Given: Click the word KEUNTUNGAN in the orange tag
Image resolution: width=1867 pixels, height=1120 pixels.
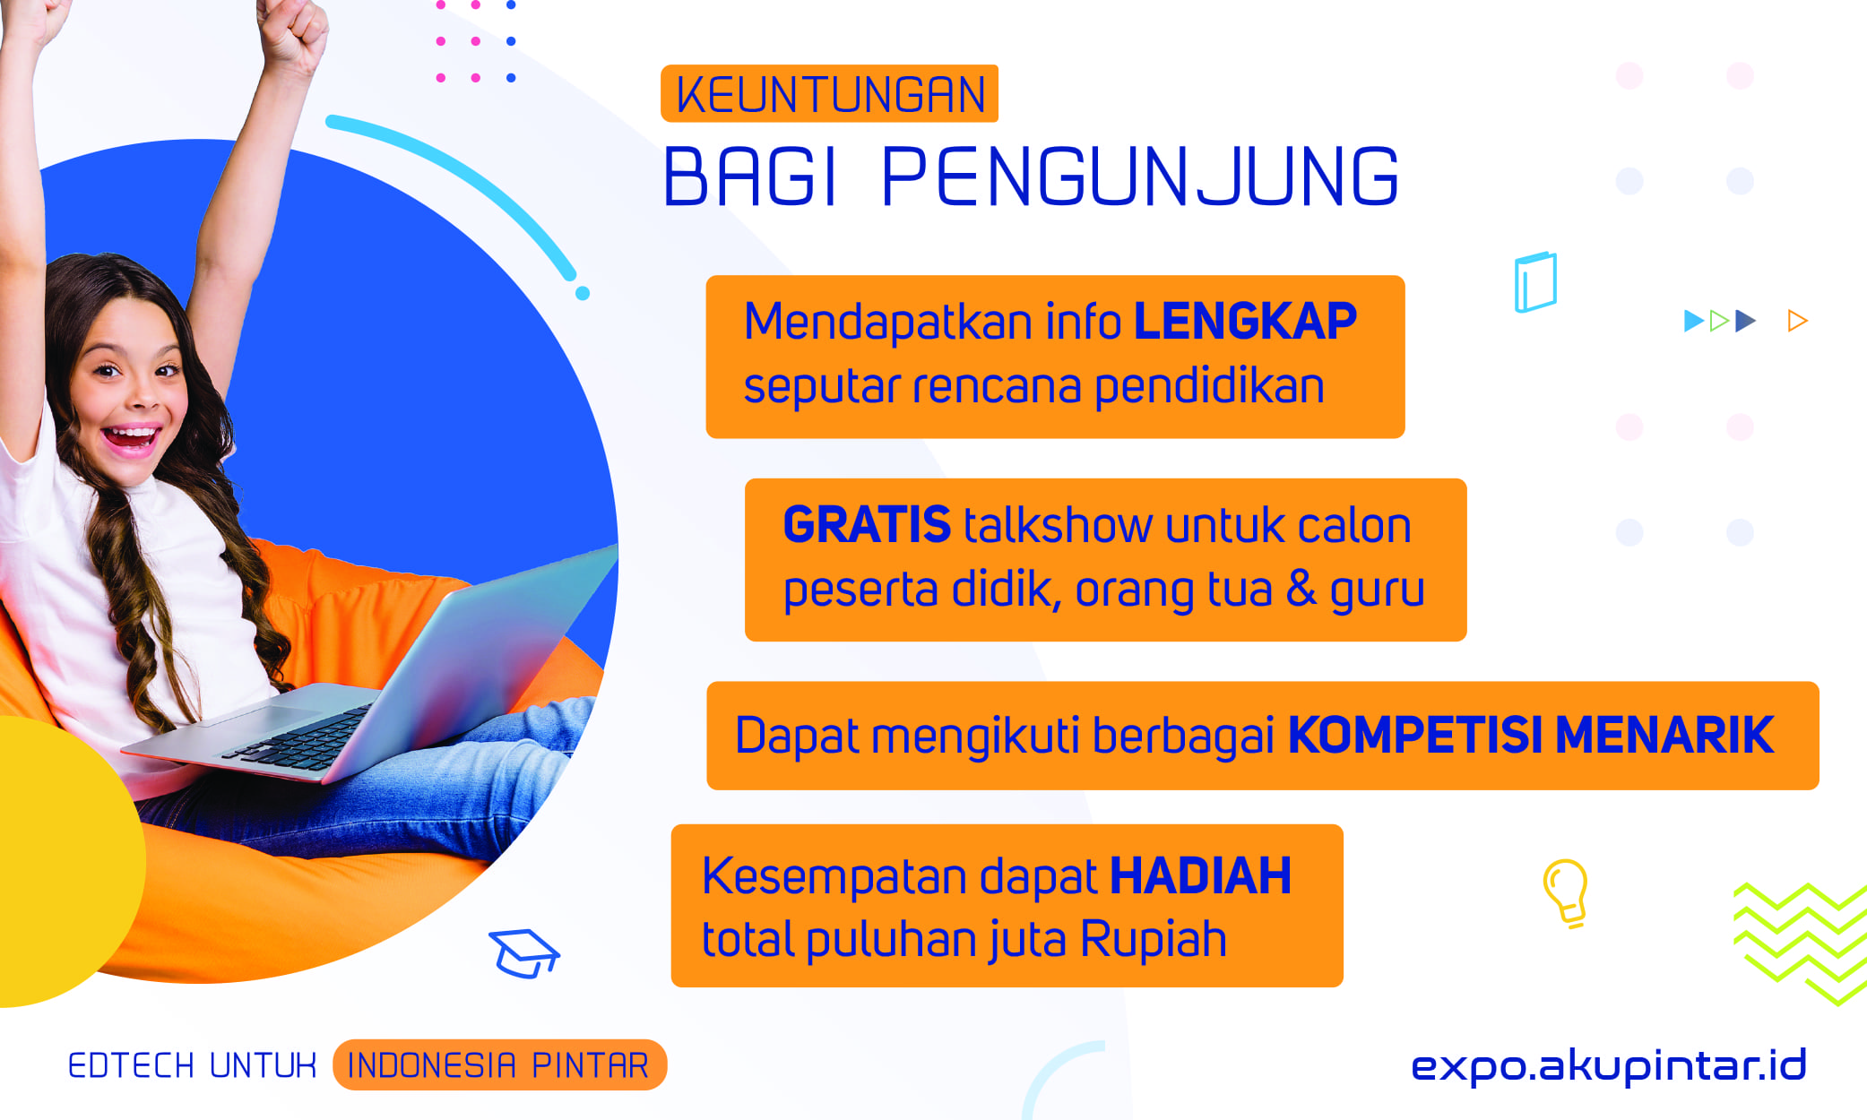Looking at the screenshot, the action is click(x=830, y=95).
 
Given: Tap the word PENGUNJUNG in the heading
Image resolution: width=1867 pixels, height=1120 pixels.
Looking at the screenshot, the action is click(x=1140, y=177).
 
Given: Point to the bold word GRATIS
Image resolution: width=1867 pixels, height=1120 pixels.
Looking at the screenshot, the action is click(x=867, y=524).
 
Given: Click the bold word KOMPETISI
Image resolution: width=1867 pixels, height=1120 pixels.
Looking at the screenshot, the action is click(x=1415, y=736).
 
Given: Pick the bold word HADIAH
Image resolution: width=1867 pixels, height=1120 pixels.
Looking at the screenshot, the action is click(x=1200, y=875).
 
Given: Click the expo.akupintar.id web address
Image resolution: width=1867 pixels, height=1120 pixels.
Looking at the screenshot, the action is click(x=1609, y=1065).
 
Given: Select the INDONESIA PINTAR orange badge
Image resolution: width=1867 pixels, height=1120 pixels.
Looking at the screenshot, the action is click(x=499, y=1065).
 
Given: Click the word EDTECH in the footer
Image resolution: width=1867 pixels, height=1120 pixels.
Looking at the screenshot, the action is click(x=131, y=1065).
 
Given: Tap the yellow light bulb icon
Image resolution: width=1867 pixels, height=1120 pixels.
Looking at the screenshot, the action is click(x=1566, y=892).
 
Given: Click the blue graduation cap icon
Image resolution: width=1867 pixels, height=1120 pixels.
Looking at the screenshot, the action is click(x=524, y=953).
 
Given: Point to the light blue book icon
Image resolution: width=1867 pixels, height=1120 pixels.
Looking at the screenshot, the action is click(x=1535, y=281).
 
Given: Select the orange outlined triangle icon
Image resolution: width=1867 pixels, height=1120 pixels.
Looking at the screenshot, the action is click(x=1797, y=321).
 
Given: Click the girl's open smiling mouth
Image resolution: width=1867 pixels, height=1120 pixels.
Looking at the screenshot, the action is click(x=132, y=439).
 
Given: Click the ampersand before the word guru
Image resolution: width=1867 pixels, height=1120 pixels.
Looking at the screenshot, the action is click(x=1301, y=589).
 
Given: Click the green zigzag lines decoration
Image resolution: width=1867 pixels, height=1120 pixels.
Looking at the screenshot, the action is click(x=1800, y=943).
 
